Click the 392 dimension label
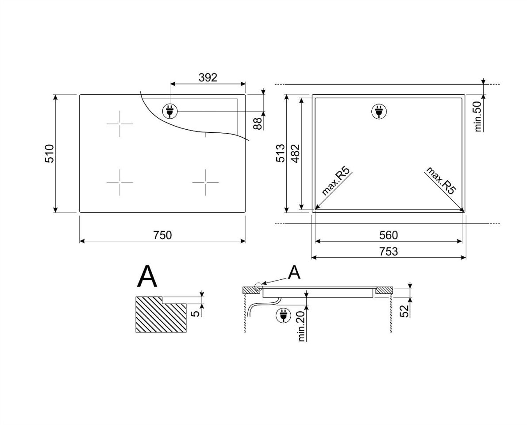pos(208,77)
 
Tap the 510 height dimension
pos(50,154)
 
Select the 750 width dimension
pos(162,235)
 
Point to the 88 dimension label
pos(258,124)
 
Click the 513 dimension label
pos(280,153)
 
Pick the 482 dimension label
pos(295,154)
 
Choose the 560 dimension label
pos(389,235)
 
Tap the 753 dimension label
pos(389,251)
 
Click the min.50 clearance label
pos(478,116)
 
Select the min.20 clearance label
pos(301,326)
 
